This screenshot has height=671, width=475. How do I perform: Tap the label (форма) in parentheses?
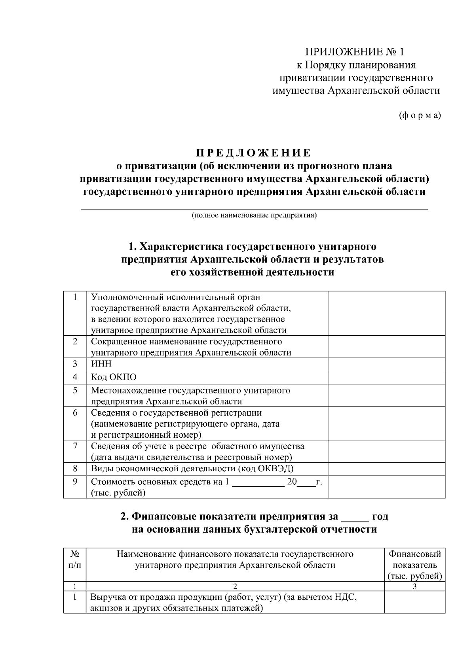click(420, 115)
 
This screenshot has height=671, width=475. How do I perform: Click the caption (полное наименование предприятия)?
click(254, 215)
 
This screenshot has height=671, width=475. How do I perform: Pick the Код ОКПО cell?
click(114, 377)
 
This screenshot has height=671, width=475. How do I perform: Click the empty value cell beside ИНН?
click(386, 365)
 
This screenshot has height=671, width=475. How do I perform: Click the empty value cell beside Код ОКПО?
click(386, 378)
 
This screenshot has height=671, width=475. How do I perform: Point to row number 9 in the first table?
click(75, 482)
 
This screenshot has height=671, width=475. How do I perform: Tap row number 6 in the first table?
click(75, 413)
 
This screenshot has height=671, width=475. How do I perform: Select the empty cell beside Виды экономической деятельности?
click(386, 469)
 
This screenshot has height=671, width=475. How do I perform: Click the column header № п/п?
click(75, 559)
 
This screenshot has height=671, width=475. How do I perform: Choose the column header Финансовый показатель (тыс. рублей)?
click(414, 565)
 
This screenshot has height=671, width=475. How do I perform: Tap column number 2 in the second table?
click(235, 586)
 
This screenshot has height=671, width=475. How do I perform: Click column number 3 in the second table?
click(414, 586)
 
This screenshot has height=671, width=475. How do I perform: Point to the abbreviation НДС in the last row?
click(346, 597)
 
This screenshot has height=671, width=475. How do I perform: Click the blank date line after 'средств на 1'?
click(258, 482)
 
